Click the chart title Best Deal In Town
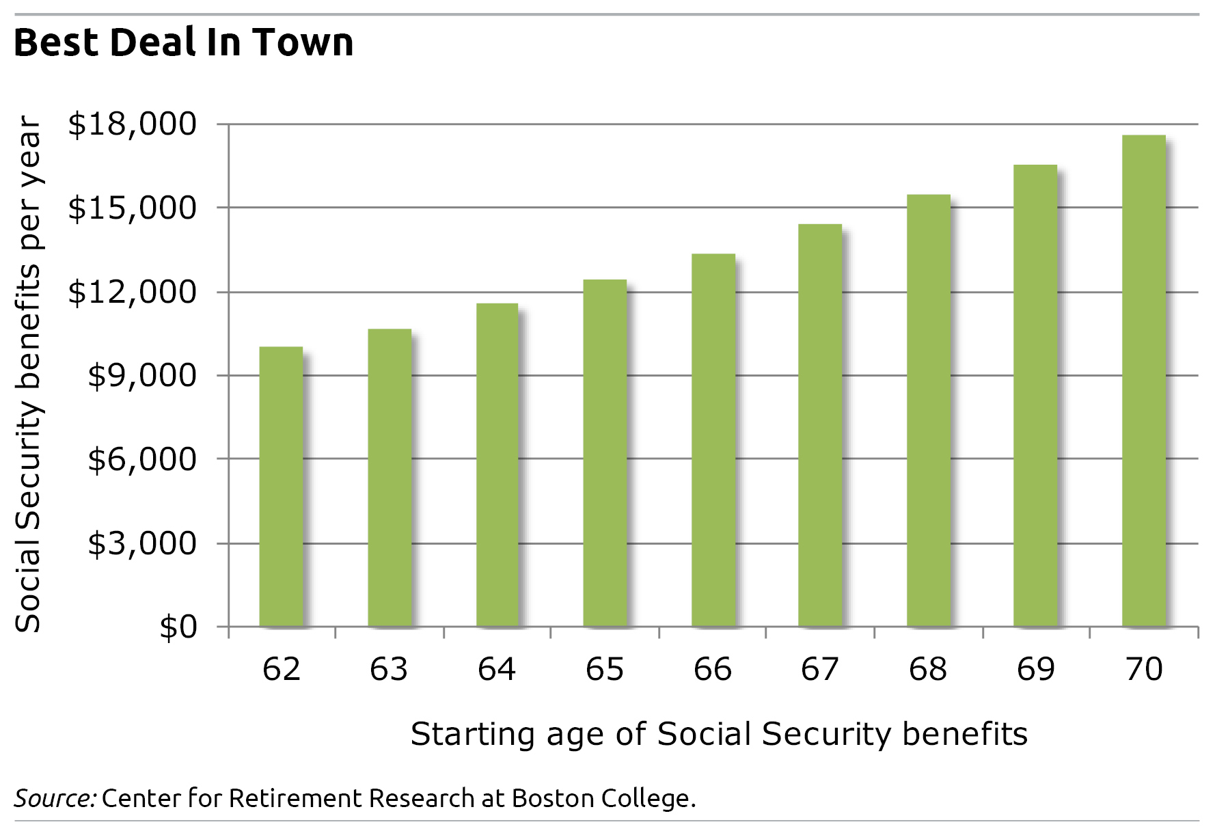[x=184, y=42]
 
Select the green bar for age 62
[x=281, y=487]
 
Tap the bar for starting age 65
[x=605, y=453]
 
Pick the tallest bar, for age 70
[x=1144, y=381]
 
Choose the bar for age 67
[x=820, y=425]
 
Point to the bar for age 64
[x=497, y=465]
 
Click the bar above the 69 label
[x=1035, y=396]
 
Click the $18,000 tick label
[x=132, y=124]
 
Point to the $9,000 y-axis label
[x=142, y=375]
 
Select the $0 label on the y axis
[x=178, y=627]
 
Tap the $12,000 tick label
[x=132, y=292]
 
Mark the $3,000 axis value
[x=142, y=543]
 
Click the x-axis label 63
[x=389, y=669]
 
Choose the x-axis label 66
[x=713, y=669]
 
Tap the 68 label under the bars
[x=928, y=669]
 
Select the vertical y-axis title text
[x=29, y=374]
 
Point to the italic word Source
[x=55, y=798]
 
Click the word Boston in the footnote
[x=553, y=798]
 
